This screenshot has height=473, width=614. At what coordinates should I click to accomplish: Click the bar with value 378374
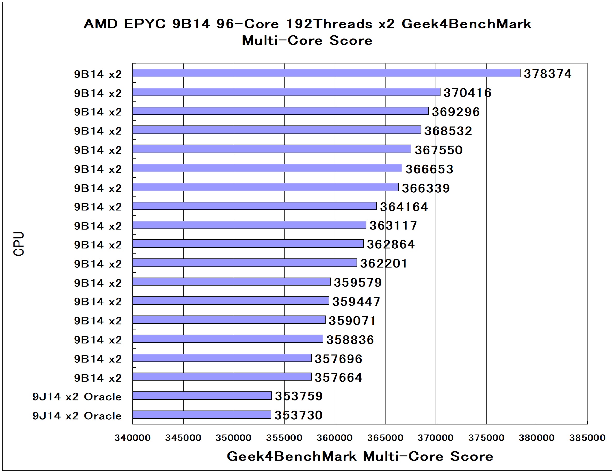pos(326,73)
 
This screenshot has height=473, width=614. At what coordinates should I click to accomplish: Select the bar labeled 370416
pos(286,92)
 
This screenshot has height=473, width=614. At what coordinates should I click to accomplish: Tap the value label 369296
pos(455,112)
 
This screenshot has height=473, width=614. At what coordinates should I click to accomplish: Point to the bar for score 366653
pos(267,168)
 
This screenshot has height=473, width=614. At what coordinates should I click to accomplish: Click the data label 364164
pos(404,207)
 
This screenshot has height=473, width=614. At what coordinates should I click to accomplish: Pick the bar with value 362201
pos(245,263)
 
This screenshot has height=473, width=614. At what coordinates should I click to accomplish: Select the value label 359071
pos(352,321)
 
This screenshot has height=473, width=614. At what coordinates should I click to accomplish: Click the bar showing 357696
pos(222,358)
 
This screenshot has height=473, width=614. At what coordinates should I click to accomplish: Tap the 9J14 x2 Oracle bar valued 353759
pos(202,396)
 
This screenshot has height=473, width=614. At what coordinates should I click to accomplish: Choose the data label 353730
pos(298,415)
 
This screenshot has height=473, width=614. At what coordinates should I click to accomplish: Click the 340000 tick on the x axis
pos(132,438)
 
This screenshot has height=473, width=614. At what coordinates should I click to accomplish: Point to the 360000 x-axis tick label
pos(335,438)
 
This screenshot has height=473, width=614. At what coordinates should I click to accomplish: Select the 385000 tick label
pos(587,438)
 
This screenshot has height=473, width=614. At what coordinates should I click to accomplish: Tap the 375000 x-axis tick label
pos(486,438)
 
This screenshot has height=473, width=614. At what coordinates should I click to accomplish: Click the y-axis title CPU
pos(19,244)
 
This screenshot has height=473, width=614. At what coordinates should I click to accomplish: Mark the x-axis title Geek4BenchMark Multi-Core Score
pos(360,456)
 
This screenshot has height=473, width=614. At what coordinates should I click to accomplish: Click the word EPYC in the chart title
pos(145,24)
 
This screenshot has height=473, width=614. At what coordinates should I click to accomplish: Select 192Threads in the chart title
pos(329,24)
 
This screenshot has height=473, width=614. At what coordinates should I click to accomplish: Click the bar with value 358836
pos(228,339)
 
